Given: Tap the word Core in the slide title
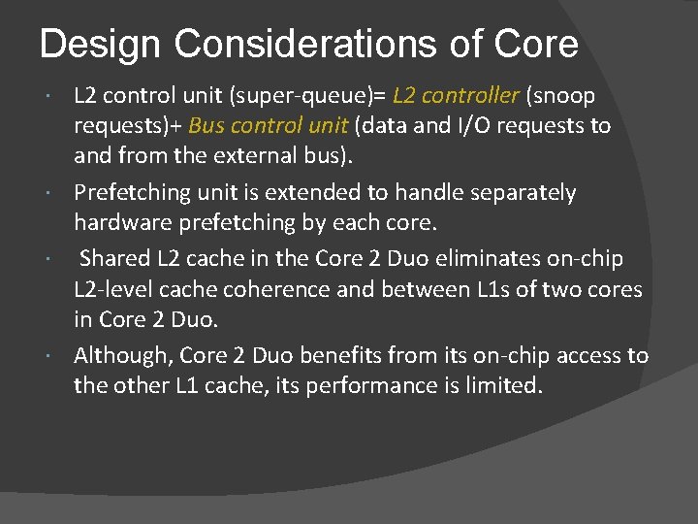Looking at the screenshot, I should [535, 45].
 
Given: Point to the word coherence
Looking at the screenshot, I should [282, 288].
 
